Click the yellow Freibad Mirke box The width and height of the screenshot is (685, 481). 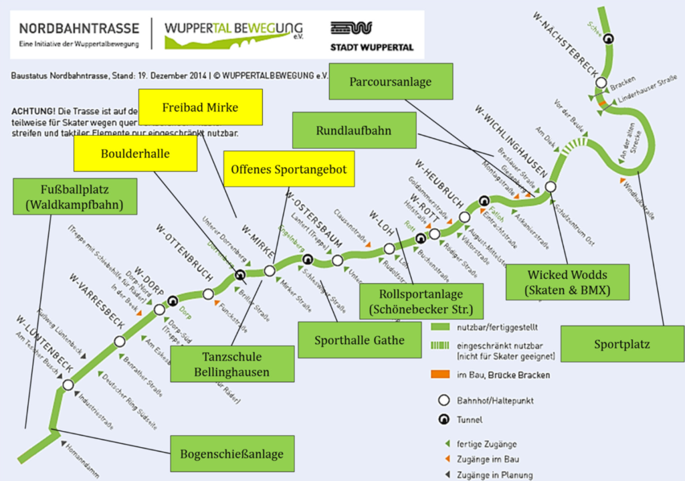point(199,107)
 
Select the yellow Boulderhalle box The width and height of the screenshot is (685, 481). point(135,153)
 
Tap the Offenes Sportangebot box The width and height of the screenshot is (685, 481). point(288,169)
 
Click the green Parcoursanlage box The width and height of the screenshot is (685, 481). point(391,82)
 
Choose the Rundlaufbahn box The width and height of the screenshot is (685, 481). point(354,130)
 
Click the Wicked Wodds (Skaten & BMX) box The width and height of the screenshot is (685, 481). point(568,282)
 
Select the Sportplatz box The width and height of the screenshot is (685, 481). point(622,345)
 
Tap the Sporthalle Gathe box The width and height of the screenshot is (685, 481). point(360,340)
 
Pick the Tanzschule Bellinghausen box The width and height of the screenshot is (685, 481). point(233,363)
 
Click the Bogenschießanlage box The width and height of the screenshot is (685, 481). point(231,454)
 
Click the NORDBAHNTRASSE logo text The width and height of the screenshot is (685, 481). point(79,29)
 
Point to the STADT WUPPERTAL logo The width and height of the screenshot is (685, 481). point(371,37)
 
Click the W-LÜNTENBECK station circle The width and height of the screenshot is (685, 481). point(68,385)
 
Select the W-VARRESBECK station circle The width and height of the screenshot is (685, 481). point(120,342)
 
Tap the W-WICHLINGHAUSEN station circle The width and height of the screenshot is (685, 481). point(551,187)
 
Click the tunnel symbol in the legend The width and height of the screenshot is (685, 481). point(442,420)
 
